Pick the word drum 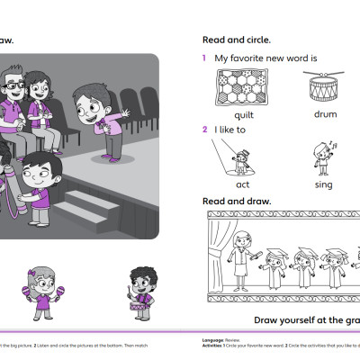pyautogui.click(x=325, y=115)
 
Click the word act pyautogui.click(x=242, y=184)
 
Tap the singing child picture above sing pyautogui.click(x=323, y=157)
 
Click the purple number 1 pyautogui.click(x=204, y=58)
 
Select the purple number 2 pyautogui.click(x=204, y=130)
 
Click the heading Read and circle pyautogui.click(x=237, y=40)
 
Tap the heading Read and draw pyautogui.click(x=236, y=201)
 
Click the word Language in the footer pyautogui.click(x=212, y=338)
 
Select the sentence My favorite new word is pyautogui.click(x=266, y=58)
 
